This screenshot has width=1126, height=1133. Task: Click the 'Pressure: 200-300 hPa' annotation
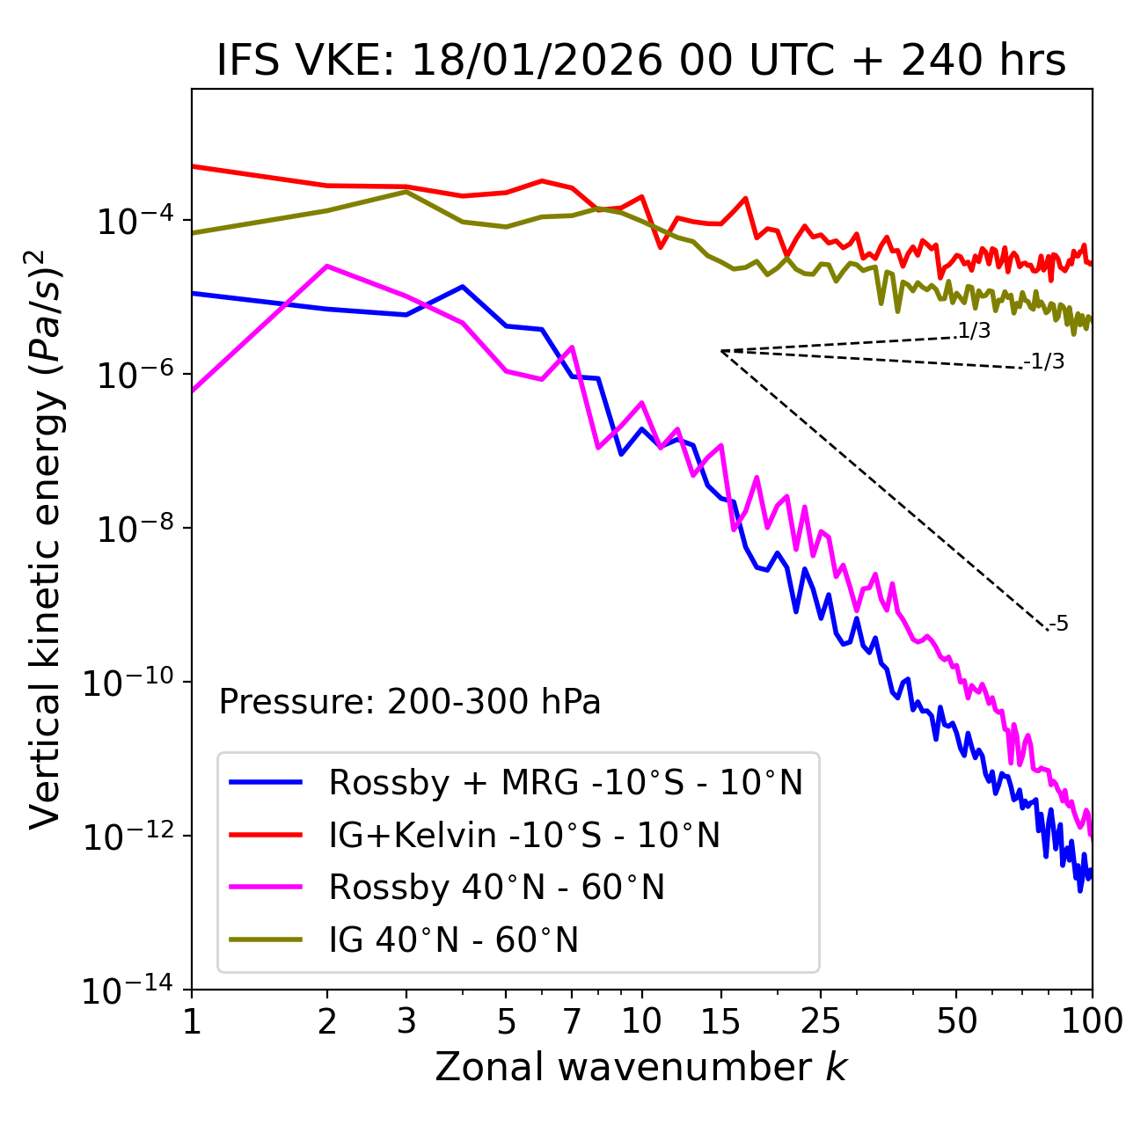pos(410,702)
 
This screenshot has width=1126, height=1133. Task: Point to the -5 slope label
pos(1058,625)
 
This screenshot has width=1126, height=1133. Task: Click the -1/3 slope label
pos(1044,362)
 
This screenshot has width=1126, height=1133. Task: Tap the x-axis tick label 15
pos(720,1021)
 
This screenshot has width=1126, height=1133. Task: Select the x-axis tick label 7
pos(572,1021)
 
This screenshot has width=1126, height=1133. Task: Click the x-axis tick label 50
pos(956,1021)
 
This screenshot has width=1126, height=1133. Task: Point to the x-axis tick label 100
pos(1092,1021)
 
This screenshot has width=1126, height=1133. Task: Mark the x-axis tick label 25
pos(821,1021)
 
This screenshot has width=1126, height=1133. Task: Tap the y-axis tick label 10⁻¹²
pos(127,837)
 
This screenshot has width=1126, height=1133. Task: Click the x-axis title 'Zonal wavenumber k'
pos(641,1067)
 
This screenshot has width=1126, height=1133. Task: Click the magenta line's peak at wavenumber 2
pos(327,266)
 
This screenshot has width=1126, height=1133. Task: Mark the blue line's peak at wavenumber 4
pos(463,287)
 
